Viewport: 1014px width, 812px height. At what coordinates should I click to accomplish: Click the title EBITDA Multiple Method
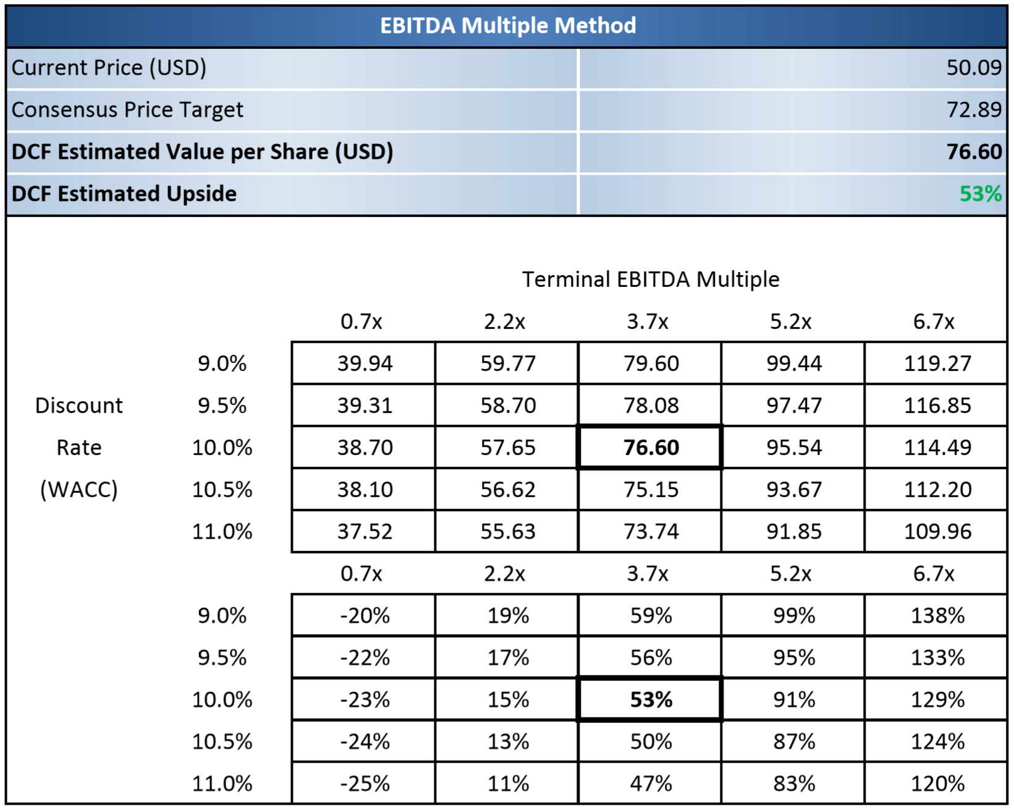(x=507, y=25)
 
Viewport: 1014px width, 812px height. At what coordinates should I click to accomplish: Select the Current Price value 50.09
(x=973, y=67)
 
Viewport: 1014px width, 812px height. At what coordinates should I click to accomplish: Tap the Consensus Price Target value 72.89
(x=973, y=109)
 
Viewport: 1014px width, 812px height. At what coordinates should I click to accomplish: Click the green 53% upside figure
(x=980, y=194)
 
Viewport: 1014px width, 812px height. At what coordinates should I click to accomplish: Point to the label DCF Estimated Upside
(x=124, y=194)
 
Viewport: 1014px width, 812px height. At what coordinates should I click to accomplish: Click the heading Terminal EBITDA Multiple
(x=650, y=279)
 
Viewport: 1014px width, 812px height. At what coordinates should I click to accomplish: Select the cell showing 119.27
(x=937, y=363)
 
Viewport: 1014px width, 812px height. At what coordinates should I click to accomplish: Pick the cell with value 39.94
(x=364, y=363)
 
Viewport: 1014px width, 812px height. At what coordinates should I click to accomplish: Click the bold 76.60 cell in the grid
(x=651, y=447)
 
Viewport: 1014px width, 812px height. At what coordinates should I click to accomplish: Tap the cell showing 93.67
(x=793, y=489)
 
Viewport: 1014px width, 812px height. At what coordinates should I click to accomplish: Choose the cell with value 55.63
(x=507, y=531)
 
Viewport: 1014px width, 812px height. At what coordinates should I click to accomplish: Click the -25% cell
(x=364, y=784)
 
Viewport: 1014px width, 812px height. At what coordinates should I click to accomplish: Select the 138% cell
(x=937, y=615)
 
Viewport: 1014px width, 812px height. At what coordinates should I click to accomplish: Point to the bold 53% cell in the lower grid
(x=651, y=699)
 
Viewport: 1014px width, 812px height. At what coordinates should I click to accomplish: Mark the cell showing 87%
(x=793, y=741)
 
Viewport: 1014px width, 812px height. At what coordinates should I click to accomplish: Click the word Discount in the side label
(x=79, y=405)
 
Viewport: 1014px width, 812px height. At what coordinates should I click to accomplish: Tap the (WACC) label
(x=79, y=489)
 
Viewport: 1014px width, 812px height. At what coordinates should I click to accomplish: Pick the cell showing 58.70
(x=507, y=405)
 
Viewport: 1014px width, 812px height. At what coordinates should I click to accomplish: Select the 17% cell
(x=507, y=657)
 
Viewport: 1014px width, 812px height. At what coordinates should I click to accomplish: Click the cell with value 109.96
(x=937, y=531)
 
